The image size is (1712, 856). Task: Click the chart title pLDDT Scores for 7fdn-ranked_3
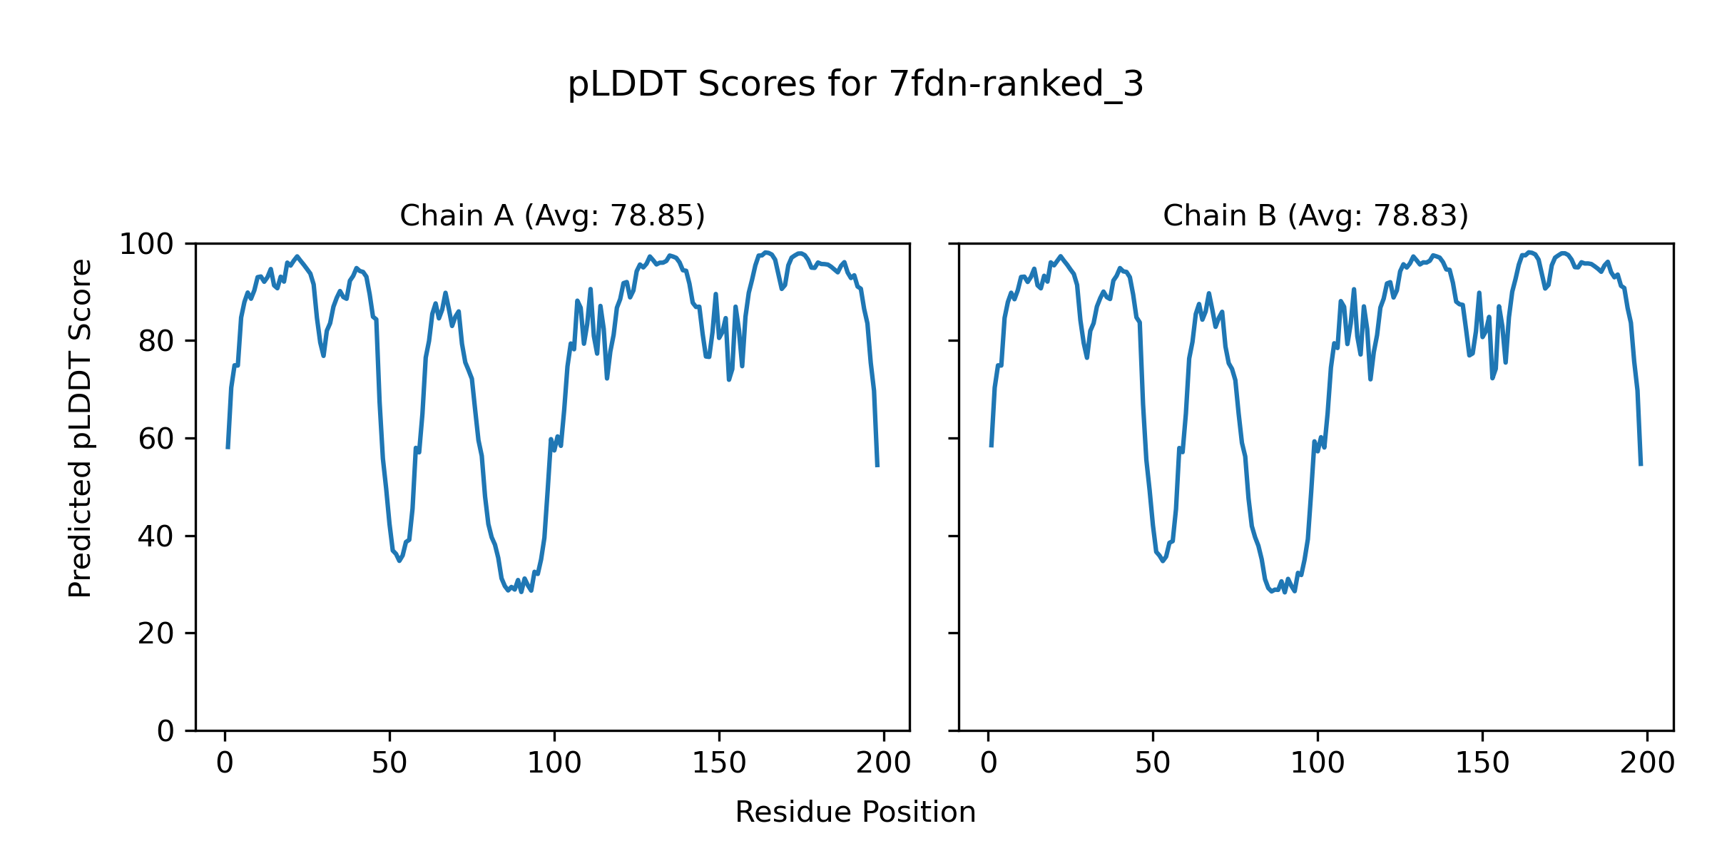855,85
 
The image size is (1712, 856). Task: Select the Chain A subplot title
552,215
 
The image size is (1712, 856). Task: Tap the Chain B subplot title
1315,215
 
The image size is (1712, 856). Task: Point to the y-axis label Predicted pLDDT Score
80,428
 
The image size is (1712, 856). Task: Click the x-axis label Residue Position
855,812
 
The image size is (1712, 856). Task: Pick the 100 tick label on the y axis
146,245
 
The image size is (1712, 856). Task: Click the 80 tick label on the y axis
156,342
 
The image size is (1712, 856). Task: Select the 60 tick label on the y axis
156,439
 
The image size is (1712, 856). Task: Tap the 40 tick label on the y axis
156,536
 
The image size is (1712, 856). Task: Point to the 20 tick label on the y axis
156,634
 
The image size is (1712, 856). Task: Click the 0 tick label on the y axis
165,731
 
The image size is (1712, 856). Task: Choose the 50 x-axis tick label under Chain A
389,764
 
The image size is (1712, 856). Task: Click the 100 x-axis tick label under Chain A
554,764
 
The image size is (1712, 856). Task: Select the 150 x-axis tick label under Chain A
719,764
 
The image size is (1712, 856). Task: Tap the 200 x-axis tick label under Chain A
884,764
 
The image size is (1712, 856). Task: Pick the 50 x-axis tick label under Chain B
1153,764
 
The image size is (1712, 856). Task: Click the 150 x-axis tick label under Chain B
1482,764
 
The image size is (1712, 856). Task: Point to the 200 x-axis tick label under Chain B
1647,764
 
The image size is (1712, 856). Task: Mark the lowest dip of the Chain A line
521,591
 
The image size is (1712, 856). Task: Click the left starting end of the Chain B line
991,446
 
